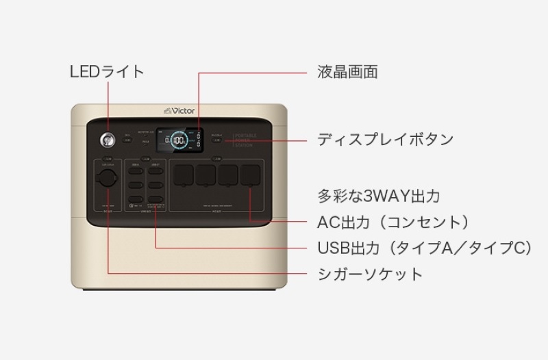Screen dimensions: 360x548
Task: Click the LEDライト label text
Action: pyautogui.click(x=108, y=71)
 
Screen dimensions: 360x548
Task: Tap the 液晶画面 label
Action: pyautogui.click(x=347, y=71)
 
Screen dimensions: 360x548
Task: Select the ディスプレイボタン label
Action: pyautogui.click(x=385, y=140)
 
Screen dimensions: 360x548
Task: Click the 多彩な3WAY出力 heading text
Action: pyautogui.click(x=378, y=196)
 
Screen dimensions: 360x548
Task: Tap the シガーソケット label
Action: pyautogui.click(x=370, y=274)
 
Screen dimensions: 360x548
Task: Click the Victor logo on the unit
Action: pyautogui.click(x=179, y=110)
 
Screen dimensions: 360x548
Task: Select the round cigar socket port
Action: pyautogui.click(x=108, y=179)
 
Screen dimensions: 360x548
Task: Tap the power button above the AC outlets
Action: pyautogui.click(x=216, y=159)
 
